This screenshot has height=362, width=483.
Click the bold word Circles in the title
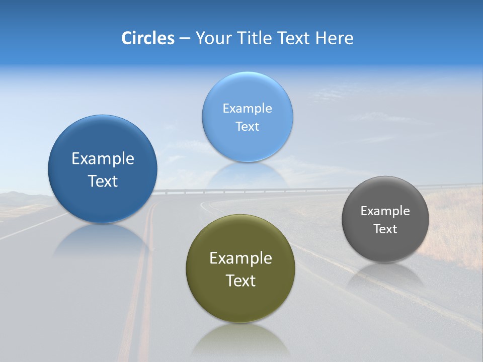pos(148,38)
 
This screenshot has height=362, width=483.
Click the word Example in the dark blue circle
pos(103,159)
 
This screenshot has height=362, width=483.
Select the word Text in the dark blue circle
pos(103,181)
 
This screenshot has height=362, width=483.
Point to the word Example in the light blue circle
pos(247,109)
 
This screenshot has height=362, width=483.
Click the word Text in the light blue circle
pos(247,127)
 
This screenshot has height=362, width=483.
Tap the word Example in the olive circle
pos(240,258)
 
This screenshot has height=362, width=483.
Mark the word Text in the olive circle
pos(240,281)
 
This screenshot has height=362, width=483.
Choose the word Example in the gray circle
pos(385,211)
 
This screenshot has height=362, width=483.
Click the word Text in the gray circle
pos(385,229)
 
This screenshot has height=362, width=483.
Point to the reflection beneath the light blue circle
pos(247,173)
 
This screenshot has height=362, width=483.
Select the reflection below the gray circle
pos(385,275)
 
